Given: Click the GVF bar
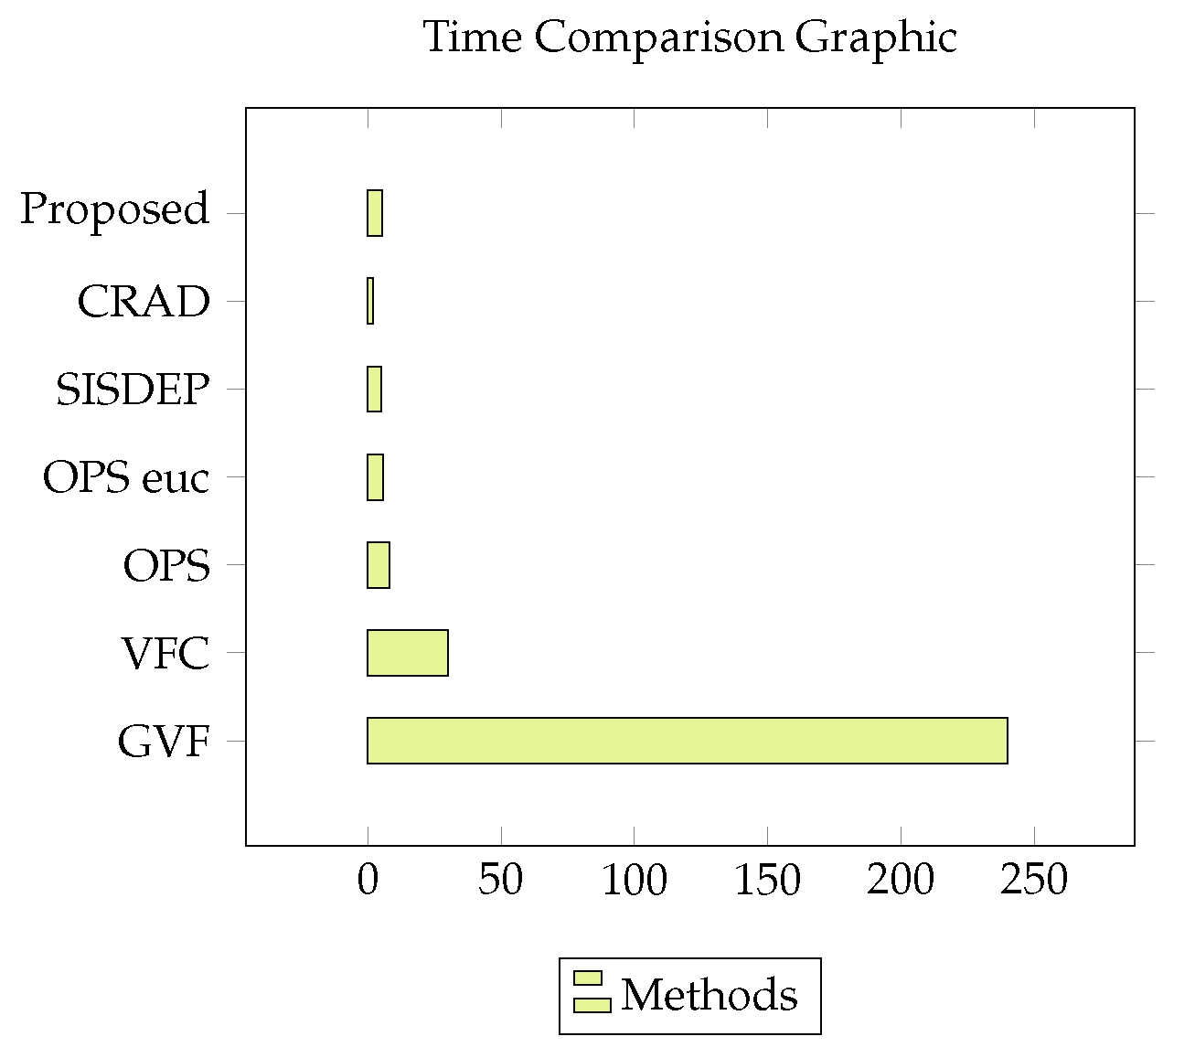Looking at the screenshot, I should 687,740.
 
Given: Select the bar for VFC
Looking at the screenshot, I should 407,652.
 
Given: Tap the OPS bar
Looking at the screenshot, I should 379,564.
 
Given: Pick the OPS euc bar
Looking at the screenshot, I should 375,476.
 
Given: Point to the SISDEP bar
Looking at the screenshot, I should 374,389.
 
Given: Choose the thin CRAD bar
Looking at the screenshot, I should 370,301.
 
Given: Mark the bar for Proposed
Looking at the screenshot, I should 375,213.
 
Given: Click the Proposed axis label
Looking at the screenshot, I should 115,209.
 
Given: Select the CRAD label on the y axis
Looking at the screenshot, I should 144,301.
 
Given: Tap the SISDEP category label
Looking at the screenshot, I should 133,389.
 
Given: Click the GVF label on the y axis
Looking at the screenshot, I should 164,741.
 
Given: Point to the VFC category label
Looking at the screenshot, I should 165,653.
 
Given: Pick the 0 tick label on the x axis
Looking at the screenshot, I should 368,880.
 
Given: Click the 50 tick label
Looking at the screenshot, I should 501,880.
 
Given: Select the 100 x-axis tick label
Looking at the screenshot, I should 635,880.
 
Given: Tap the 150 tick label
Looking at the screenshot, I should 767,880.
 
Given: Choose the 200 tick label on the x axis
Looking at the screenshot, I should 901,880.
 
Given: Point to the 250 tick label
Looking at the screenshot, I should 1034,880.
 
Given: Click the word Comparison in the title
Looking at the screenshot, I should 658,38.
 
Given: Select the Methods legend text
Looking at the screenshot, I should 710,995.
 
